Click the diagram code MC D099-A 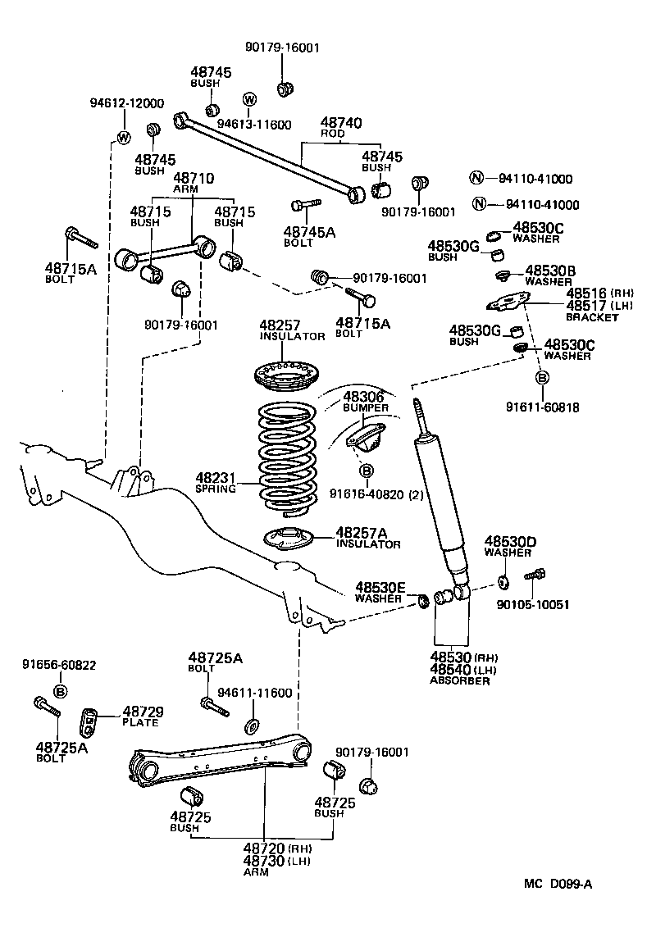pyautogui.click(x=558, y=884)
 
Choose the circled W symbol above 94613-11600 pyautogui.click(x=250, y=100)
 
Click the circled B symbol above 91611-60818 pyautogui.click(x=542, y=378)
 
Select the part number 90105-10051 pyautogui.click(x=533, y=605)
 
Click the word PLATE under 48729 pyautogui.click(x=140, y=722)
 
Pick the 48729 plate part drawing pyautogui.click(x=90, y=721)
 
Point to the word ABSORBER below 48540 pyautogui.click(x=460, y=680)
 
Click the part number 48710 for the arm pyautogui.click(x=192, y=178)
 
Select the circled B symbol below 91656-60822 pyautogui.click(x=59, y=693)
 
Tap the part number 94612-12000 pyautogui.click(x=126, y=103)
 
